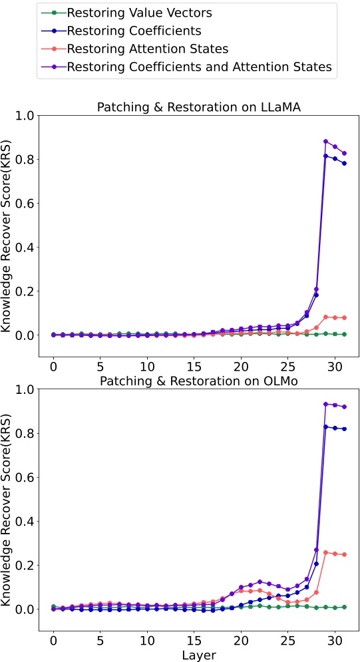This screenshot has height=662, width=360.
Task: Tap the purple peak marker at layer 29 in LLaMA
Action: click(325, 142)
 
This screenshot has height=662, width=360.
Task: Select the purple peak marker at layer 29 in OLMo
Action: click(325, 404)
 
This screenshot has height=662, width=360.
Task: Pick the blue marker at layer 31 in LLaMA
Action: click(344, 163)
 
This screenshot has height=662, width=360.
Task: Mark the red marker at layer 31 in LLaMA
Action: click(344, 318)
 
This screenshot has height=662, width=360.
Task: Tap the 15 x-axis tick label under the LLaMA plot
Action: click(194, 367)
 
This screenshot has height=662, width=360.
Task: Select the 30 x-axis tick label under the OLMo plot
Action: click(334, 640)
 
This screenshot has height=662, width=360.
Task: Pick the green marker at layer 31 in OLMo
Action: click(344, 607)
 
